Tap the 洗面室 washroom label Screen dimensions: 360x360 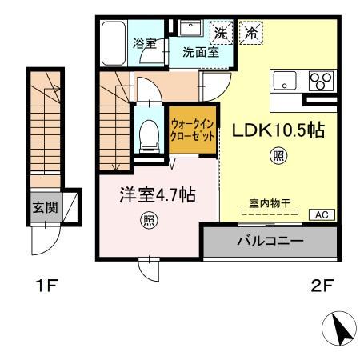(x=200, y=54)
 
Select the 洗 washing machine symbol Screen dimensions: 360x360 (x=221, y=34)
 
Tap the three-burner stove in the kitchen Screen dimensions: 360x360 (x=320, y=81)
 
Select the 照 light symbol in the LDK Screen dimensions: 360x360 (x=280, y=157)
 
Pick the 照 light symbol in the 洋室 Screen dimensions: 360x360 (x=150, y=218)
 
